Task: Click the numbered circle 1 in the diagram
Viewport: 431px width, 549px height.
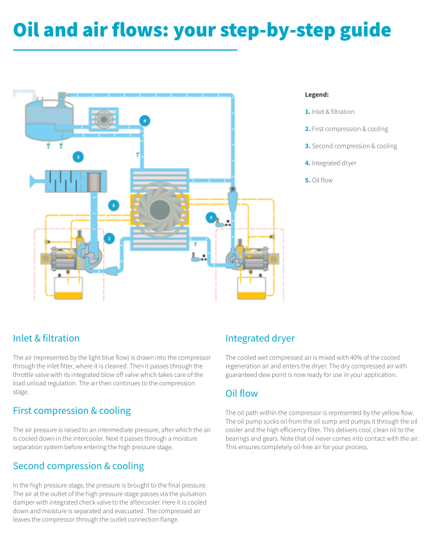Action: click(78, 156)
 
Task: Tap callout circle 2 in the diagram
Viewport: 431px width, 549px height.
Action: click(110, 238)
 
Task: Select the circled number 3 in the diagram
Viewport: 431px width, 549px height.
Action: click(211, 218)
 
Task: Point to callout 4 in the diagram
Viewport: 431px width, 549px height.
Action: click(145, 120)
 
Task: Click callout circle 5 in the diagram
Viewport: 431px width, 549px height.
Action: click(113, 205)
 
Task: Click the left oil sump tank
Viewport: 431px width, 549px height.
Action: click(69, 287)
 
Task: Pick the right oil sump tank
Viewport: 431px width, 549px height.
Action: click(252, 287)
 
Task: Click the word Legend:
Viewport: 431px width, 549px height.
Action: click(316, 95)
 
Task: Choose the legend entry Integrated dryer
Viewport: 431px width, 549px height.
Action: click(334, 163)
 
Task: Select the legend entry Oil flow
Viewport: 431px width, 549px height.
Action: click(322, 180)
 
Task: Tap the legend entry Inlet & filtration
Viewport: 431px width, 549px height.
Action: click(332, 112)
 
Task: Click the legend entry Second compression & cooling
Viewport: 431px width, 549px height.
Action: click(354, 146)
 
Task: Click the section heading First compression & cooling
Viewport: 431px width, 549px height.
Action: click(72, 411)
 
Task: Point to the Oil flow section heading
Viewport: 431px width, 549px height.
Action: click(241, 394)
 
